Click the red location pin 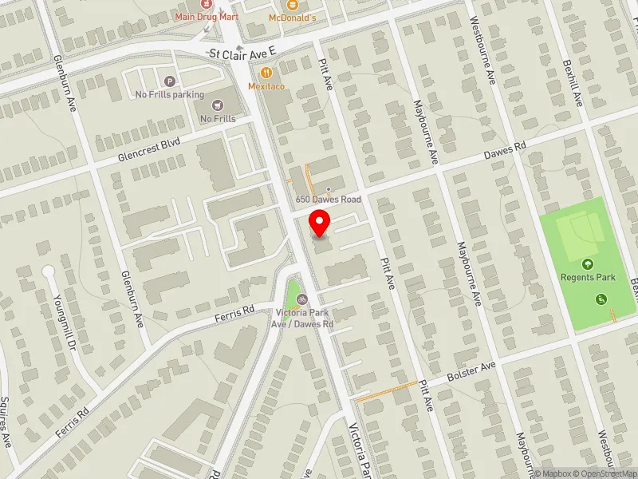[x=320, y=223]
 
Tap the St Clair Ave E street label [x=242, y=51]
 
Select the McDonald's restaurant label [x=292, y=18]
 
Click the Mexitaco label [x=266, y=85]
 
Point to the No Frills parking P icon [x=169, y=81]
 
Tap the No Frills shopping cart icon [x=218, y=105]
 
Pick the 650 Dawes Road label [x=329, y=199]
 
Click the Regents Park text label [x=589, y=277]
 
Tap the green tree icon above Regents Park [x=589, y=263]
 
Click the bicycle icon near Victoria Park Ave [x=301, y=299]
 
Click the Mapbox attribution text [x=552, y=473]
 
